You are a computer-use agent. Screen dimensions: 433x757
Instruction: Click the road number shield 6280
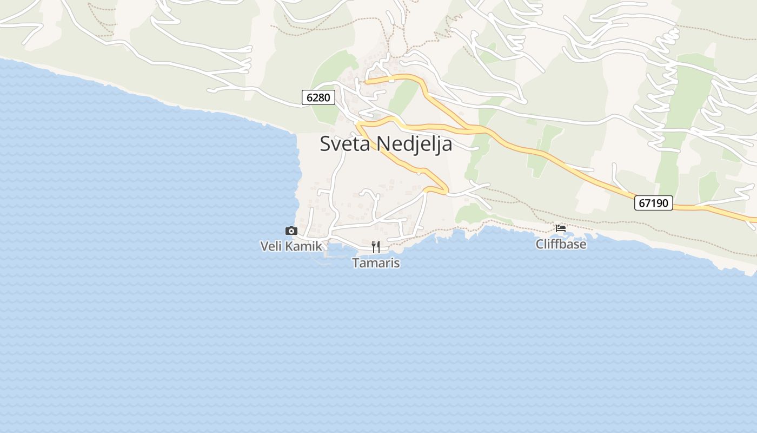click(x=318, y=97)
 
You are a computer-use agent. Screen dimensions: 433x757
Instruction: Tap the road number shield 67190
click(x=653, y=203)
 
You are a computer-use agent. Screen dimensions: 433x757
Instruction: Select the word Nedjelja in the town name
click(x=414, y=144)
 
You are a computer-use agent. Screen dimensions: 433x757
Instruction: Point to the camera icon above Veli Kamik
click(x=291, y=231)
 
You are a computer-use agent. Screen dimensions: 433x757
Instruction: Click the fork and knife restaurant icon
click(x=376, y=247)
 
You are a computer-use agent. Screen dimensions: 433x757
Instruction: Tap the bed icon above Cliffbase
click(x=561, y=228)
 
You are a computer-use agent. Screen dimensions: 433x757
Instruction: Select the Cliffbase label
click(x=561, y=244)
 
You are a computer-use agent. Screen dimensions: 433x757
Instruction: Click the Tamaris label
click(x=376, y=263)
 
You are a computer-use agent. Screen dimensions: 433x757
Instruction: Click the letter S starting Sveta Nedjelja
click(x=326, y=144)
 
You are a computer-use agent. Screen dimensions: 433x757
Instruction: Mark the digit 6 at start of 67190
click(x=642, y=203)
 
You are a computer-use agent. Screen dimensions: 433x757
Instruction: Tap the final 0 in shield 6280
click(x=327, y=97)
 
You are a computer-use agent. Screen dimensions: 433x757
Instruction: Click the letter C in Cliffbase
click(x=540, y=244)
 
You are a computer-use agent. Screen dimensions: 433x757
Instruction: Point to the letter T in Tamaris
click(x=356, y=263)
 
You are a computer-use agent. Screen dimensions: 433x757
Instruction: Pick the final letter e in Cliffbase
click(x=583, y=245)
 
